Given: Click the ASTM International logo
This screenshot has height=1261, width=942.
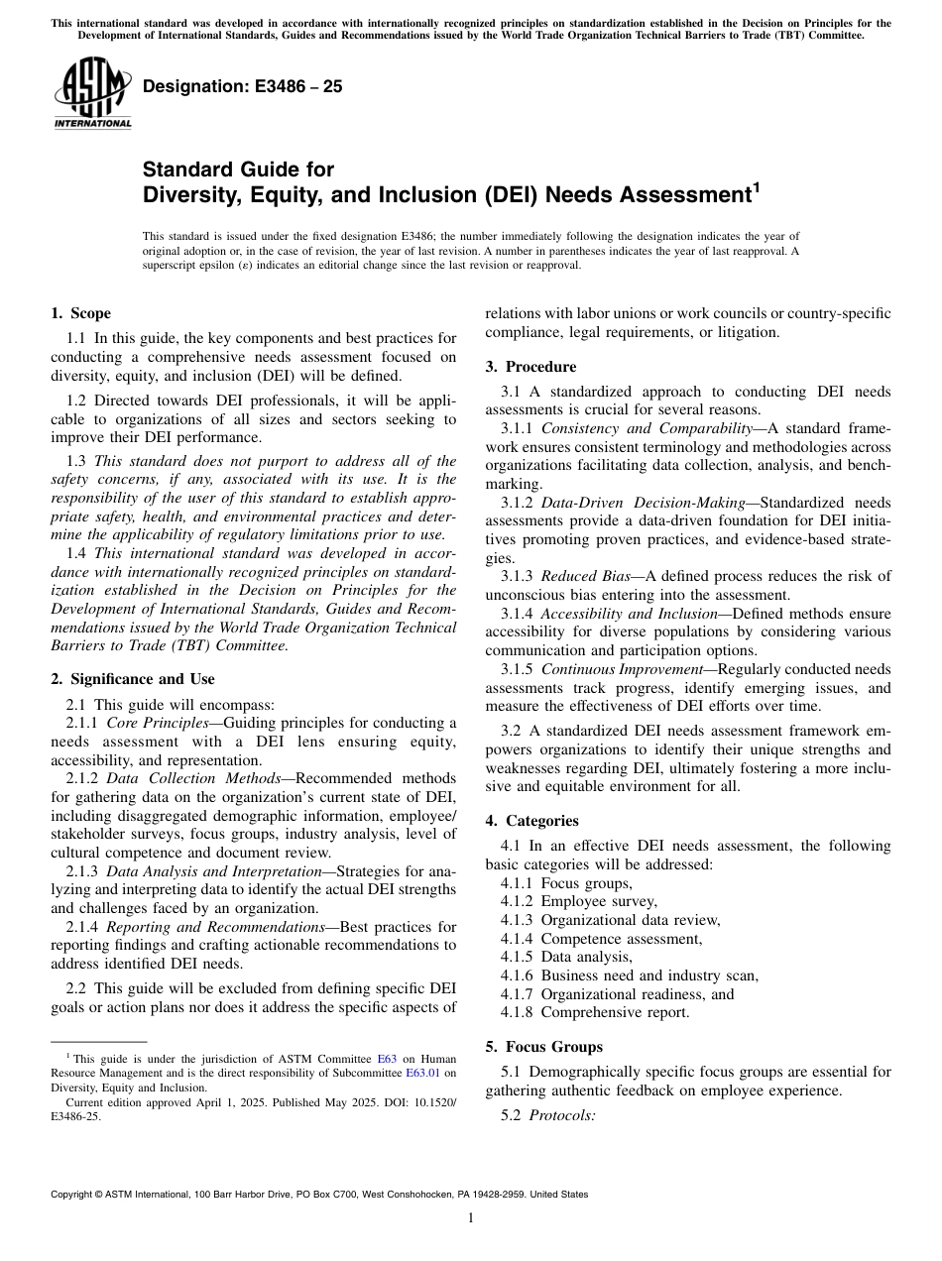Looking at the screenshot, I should click(92, 94).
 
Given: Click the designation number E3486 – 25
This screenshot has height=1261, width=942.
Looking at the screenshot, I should click(243, 86).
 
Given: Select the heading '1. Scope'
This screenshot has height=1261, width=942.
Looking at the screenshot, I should click(80, 313).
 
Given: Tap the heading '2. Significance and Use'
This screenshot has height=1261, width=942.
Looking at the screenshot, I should click(132, 679).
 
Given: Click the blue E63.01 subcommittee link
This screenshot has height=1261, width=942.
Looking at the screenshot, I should click(423, 1073).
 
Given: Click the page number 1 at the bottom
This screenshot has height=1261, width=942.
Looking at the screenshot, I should click(471, 1218).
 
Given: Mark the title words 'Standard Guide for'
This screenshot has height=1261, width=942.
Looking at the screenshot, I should click(238, 170).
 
